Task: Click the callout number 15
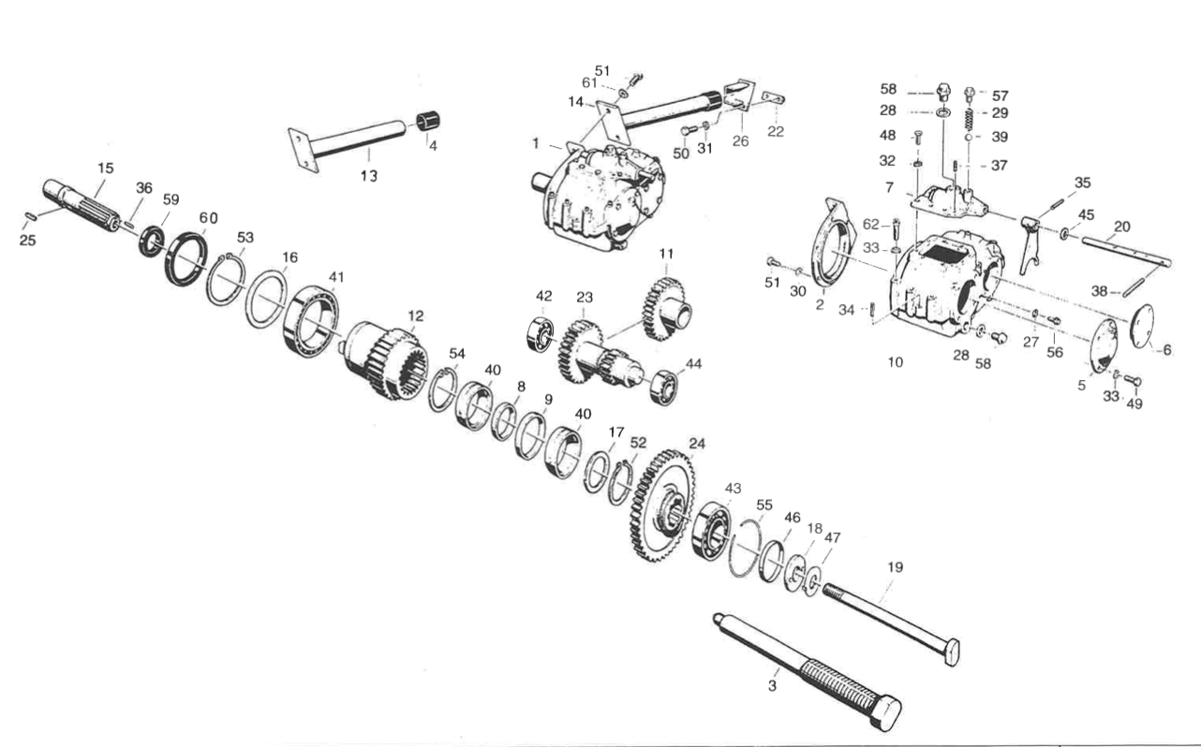point(105,168)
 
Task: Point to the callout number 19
point(895,567)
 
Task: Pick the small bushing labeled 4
point(429,123)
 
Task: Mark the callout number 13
point(370,176)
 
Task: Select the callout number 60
point(207,218)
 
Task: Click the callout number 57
point(1000,95)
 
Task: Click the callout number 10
point(896,361)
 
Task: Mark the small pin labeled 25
point(30,218)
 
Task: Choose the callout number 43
point(733,489)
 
